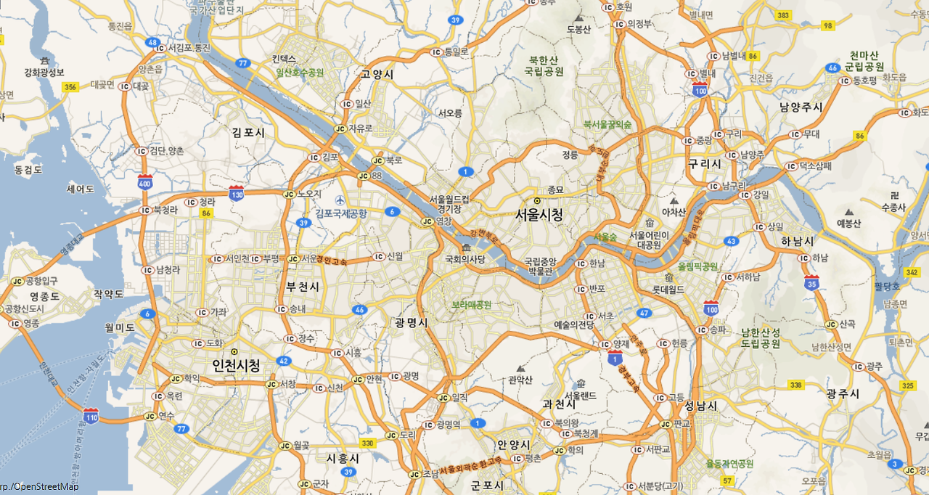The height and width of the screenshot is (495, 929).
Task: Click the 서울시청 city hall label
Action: (539, 215)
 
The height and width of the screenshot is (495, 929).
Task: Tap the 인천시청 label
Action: (235, 365)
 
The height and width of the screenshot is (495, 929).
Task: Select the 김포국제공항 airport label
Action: (341, 213)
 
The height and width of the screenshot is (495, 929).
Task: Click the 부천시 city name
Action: (303, 287)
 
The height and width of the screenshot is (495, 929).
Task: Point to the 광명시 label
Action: (412, 322)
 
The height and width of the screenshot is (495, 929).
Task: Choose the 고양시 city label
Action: (377, 74)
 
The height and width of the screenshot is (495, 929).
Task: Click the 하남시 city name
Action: (798, 240)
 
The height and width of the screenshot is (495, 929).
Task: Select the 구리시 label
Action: (705, 164)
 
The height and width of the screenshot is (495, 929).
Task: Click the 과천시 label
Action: (560, 403)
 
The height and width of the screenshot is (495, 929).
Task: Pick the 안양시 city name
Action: (514, 444)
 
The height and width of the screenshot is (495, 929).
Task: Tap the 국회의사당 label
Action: (465, 258)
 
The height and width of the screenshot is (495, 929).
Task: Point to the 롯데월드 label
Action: (668, 289)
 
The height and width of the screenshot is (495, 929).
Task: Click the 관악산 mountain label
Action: (520, 380)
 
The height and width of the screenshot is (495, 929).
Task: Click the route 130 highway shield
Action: (236, 194)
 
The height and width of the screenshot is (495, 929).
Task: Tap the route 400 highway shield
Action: (144, 182)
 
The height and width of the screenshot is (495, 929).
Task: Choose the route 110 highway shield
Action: (91, 416)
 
